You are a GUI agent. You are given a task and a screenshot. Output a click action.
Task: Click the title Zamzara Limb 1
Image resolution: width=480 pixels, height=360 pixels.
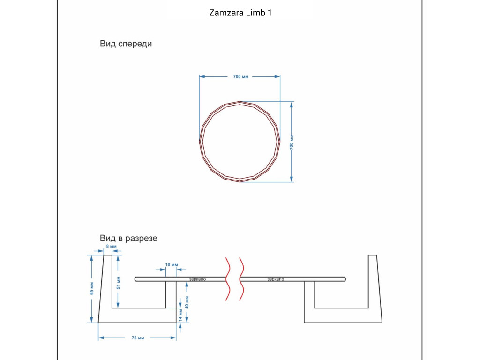click(240, 13)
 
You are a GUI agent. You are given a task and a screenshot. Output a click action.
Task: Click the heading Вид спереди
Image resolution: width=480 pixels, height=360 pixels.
click(126, 44)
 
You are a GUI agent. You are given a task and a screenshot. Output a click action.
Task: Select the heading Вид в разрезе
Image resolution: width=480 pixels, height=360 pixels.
click(128, 238)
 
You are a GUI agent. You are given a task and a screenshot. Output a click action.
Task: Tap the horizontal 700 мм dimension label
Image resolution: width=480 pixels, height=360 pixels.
click(240, 76)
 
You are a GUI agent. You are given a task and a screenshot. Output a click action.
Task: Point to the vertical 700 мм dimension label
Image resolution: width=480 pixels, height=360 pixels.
click(292, 142)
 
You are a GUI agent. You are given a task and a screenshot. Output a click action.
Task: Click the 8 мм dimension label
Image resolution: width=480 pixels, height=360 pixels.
click(112, 246)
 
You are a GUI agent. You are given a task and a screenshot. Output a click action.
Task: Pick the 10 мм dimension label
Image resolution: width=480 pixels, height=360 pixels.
click(172, 264)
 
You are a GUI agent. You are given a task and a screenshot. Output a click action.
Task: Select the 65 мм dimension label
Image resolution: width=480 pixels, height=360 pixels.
click(92, 288)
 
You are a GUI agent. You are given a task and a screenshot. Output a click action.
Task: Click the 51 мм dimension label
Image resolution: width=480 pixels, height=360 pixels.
click(119, 283)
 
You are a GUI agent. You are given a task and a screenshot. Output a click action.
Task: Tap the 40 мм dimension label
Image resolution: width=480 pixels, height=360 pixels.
click(187, 302)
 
